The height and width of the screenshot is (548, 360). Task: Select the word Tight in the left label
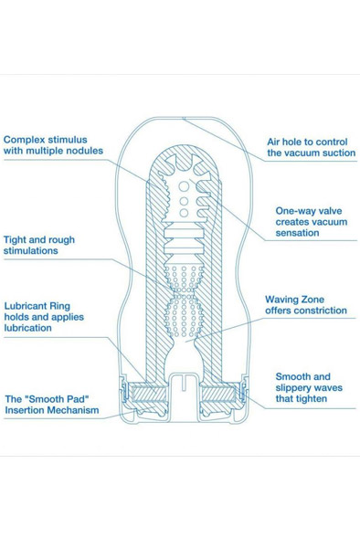pos(19,239)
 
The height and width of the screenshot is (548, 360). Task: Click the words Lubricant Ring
pos(38,306)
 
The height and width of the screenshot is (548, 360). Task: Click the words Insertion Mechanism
pos(57,411)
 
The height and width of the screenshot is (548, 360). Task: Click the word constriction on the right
pos(312,311)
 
